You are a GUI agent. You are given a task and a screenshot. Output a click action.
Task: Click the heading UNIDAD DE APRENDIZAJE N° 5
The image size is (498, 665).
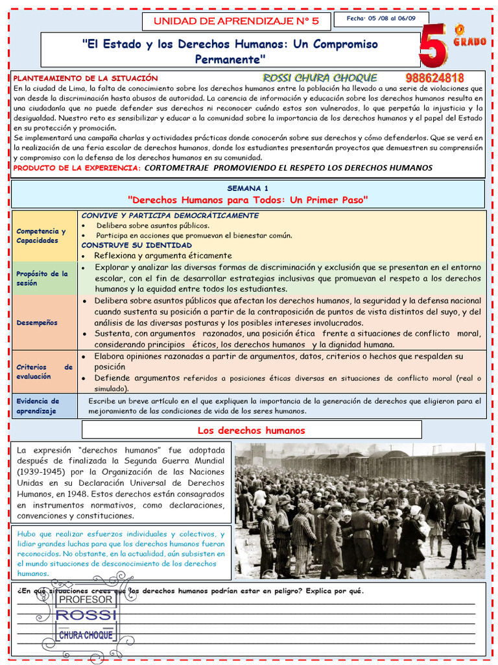(x=235, y=21)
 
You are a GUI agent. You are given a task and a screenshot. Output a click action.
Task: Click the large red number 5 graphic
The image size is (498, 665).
(x=433, y=45)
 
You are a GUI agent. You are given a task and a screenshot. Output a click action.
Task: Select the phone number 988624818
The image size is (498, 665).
(x=434, y=78)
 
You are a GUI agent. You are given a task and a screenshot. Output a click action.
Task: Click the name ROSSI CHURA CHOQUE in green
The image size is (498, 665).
(x=320, y=78)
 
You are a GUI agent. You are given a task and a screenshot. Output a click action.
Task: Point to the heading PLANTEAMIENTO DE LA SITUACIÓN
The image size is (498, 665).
(x=86, y=78)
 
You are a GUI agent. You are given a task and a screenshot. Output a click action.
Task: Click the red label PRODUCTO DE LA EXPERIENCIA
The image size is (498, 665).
(x=77, y=168)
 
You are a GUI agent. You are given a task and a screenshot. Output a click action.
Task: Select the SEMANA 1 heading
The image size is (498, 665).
(x=248, y=188)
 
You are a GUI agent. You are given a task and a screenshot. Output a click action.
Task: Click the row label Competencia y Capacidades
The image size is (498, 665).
(x=41, y=236)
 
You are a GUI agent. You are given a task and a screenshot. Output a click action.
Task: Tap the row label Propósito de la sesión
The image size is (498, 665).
(x=42, y=278)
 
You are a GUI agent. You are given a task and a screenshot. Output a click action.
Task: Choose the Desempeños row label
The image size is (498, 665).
(x=37, y=322)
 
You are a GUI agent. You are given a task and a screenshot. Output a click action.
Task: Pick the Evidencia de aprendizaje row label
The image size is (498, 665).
(x=38, y=406)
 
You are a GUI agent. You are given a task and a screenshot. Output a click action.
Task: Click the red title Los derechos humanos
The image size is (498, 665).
(x=251, y=431)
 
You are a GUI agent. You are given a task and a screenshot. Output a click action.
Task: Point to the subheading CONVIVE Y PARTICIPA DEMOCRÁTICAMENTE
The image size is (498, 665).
(x=170, y=215)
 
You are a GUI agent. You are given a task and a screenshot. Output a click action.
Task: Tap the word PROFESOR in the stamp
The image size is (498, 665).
(x=86, y=599)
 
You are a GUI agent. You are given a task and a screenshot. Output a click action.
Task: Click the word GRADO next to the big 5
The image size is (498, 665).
(x=469, y=42)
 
